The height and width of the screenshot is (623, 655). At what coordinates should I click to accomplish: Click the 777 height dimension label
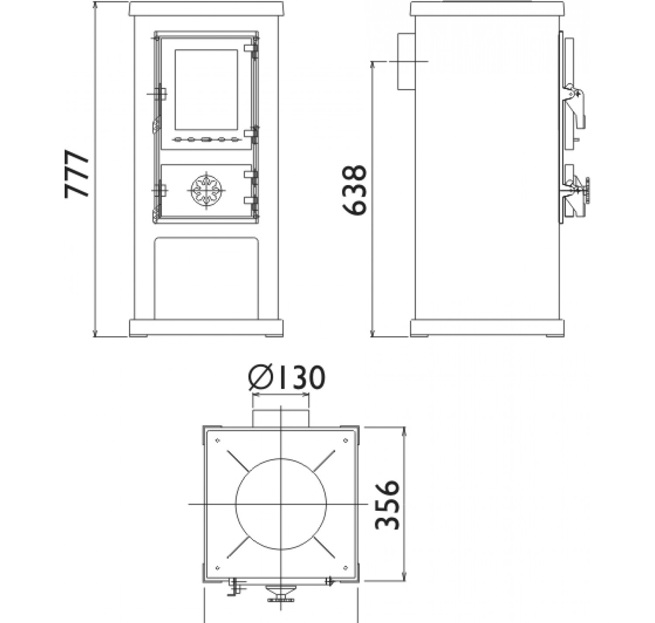pyautogui.click(x=77, y=174)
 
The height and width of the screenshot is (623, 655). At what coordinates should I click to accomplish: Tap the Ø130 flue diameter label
pyautogui.click(x=286, y=378)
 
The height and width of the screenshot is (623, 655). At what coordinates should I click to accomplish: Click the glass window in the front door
pyautogui.click(x=206, y=89)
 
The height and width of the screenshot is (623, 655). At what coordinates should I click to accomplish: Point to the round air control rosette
pyautogui.click(x=207, y=190)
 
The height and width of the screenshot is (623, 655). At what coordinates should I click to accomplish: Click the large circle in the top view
pyautogui.click(x=281, y=504)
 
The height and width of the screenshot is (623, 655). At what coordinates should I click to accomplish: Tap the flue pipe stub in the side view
pyautogui.click(x=406, y=61)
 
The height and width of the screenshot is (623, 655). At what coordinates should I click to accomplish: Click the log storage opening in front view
pyautogui.click(x=206, y=278)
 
